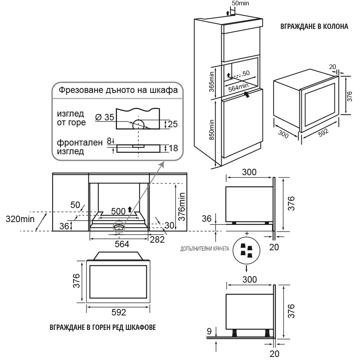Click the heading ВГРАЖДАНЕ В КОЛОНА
pyautogui.click(x=314, y=26)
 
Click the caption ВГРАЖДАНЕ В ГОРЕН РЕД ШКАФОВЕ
pyautogui.click(x=102, y=327)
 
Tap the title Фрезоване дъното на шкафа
pyautogui.click(x=118, y=90)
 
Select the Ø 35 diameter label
pyautogui.click(x=105, y=117)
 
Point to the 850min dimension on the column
pyautogui.click(x=211, y=130)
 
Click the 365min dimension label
pyautogui.click(x=211, y=82)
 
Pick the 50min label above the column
pyautogui.click(x=240, y=3)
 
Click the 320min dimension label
pyautogui.click(x=20, y=219)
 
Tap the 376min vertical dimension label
pyautogui.click(x=182, y=206)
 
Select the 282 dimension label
pyautogui.click(x=157, y=240)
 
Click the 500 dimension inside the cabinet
pyautogui.click(x=118, y=211)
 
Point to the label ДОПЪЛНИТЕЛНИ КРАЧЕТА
pyautogui.click(x=205, y=249)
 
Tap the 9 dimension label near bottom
pyautogui.click(x=209, y=331)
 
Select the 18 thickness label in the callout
pyautogui.click(x=173, y=148)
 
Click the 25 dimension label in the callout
pyautogui.click(x=173, y=124)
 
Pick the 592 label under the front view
pyautogui.click(x=119, y=312)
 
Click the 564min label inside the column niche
pyautogui.click(x=238, y=88)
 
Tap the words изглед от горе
pyautogui.click(x=71, y=118)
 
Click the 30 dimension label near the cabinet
pyautogui.click(x=169, y=226)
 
